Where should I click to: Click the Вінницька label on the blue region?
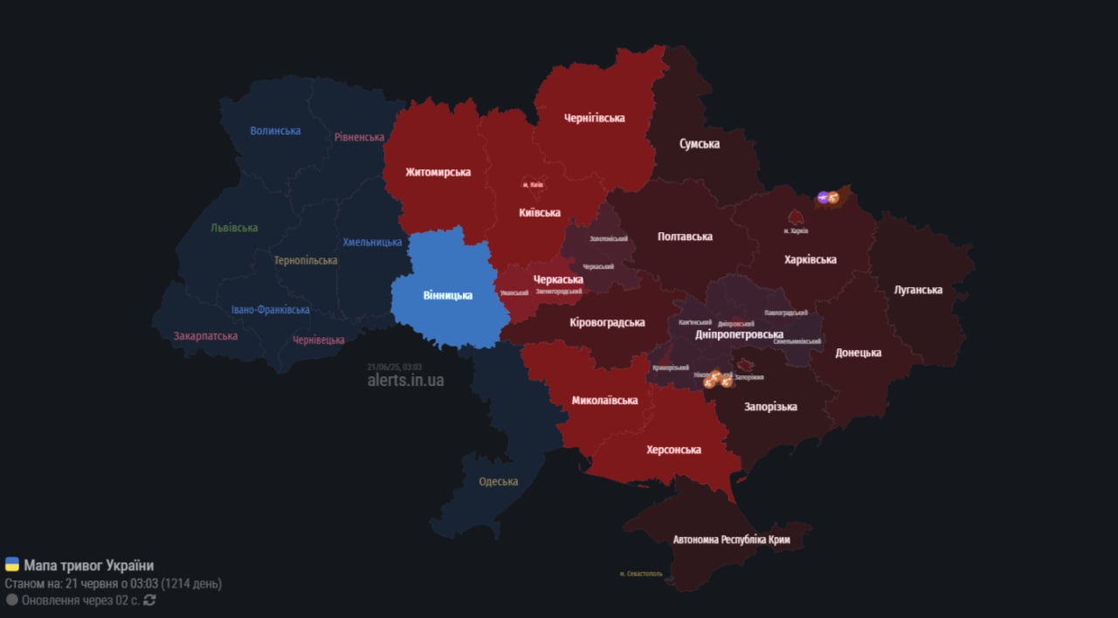coord(447,295)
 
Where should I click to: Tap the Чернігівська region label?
coord(594,118)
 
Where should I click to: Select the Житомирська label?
coord(438,172)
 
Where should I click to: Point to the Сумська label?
coord(700,144)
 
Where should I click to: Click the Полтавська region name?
coord(685,237)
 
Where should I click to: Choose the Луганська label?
coord(918,290)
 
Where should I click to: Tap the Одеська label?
coord(498,482)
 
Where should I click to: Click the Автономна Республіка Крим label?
coord(731,539)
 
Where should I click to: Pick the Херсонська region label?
coord(673,450)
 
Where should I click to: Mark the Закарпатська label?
coord(205,335)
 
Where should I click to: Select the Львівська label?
coord(234,228)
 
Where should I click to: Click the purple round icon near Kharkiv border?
coord(822,197)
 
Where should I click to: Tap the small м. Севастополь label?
coord(640,573)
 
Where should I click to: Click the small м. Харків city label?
coord(796,231)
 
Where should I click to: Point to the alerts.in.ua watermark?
coord(405,380)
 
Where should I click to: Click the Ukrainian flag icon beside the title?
coord(12,565)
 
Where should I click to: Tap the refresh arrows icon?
coord(149,600)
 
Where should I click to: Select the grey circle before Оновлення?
coord(12,600)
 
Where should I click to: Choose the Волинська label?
coord(275,131)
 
